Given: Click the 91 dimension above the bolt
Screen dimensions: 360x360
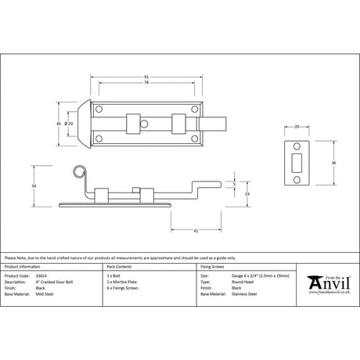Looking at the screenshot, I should point(148,76).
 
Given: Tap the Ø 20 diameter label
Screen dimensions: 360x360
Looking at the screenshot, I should point(70,123).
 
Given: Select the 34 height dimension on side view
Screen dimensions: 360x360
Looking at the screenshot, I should point(34,185).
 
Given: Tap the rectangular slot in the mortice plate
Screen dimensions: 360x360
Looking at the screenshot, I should point(297,160).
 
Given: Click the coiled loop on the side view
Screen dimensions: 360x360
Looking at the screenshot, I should point(77,171).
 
